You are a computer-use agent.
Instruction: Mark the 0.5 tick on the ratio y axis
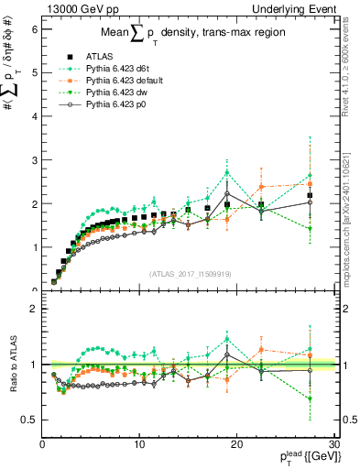click(x=29, y=420)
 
